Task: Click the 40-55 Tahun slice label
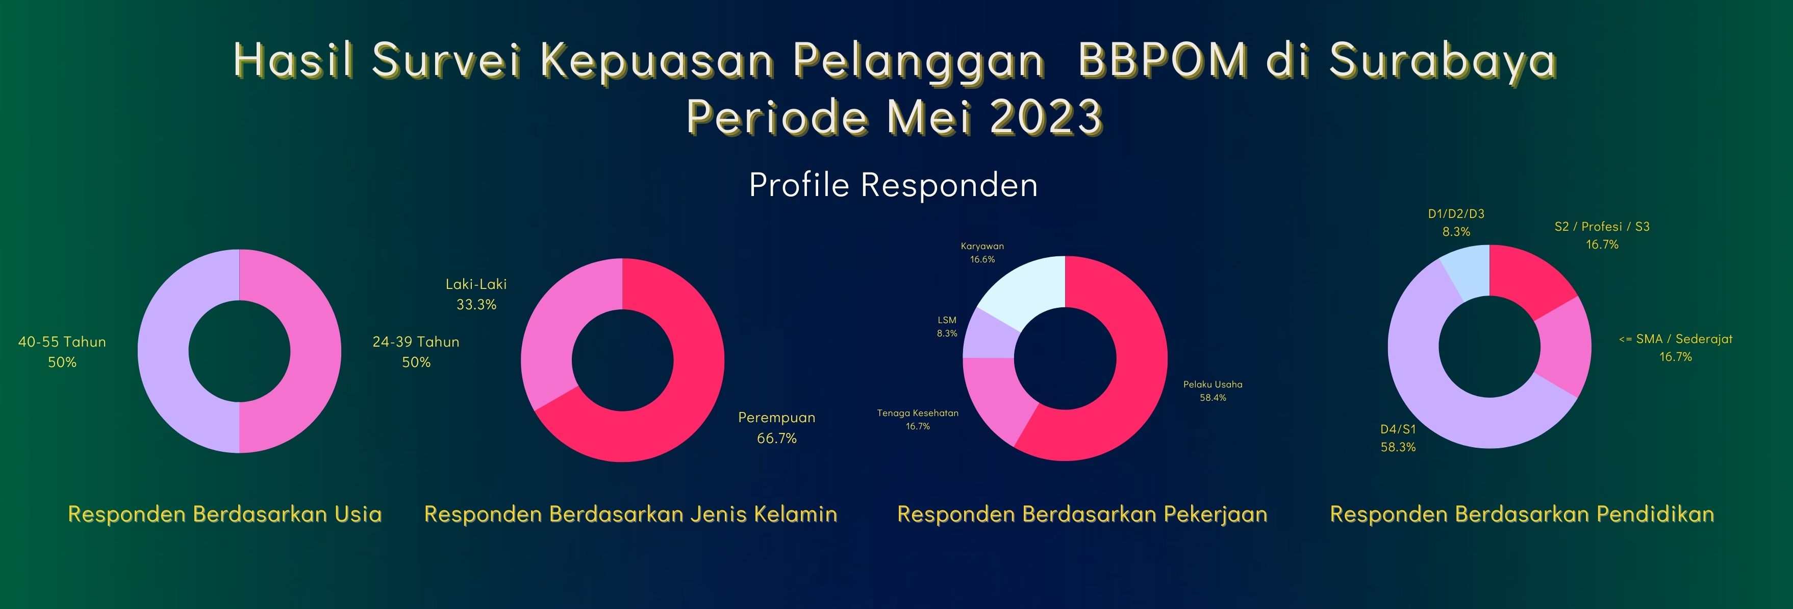pos(62,352)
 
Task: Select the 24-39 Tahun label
pos(416,352)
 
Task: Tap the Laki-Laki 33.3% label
pos(476,294)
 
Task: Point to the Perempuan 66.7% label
pos(777,428)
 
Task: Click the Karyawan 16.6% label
pos(982,252)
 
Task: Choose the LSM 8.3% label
pos(947,327)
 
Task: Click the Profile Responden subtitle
pos(893,185)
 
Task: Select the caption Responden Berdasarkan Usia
pos(225,514)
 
